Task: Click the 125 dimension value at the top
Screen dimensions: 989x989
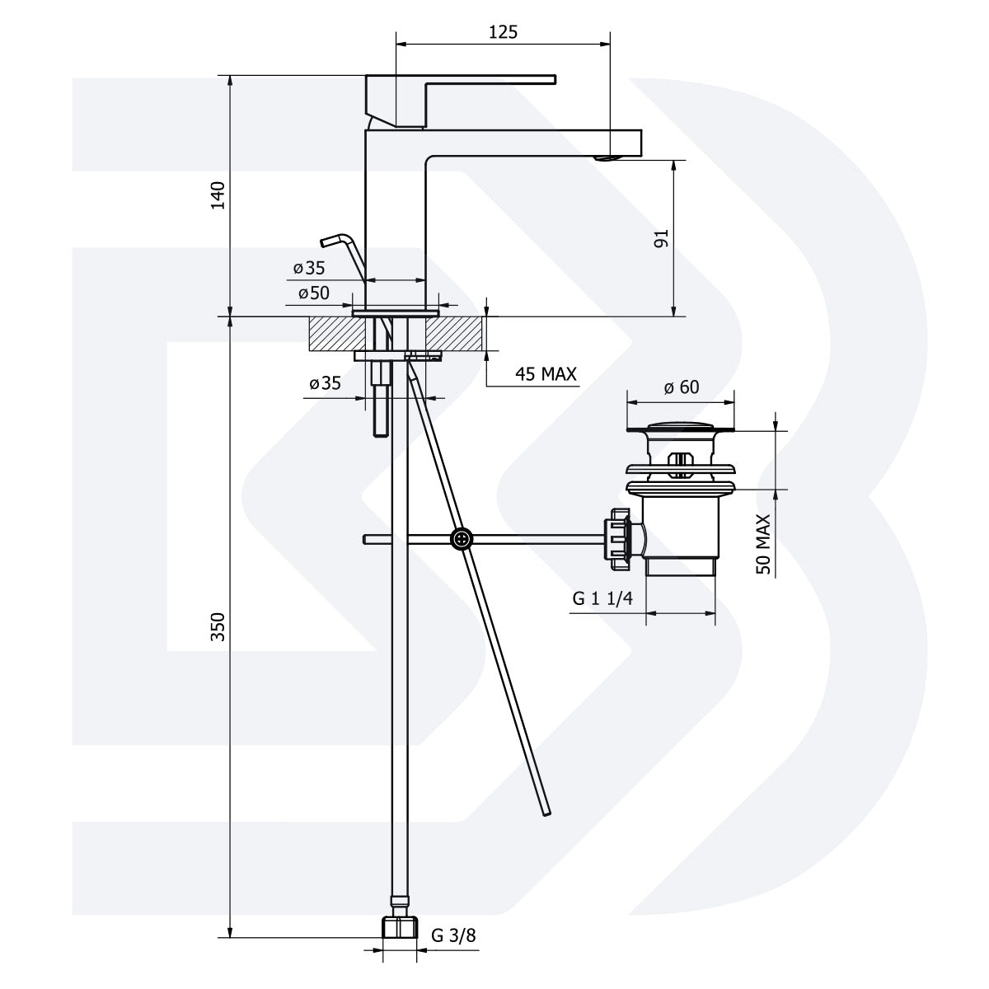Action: pos(503,32)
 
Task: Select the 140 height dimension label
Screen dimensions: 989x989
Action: pos(218,196)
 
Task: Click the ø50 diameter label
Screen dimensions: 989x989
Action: pos(313,293)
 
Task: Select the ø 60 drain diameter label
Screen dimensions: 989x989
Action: pos(681,387)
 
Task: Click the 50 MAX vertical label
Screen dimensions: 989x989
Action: pos(763,544)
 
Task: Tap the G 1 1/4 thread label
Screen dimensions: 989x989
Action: pos(602,598)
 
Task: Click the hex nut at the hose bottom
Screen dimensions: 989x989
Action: pos(400,926)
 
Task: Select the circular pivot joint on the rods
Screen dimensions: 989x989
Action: pos(462,538)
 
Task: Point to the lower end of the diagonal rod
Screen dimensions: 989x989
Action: pos(545,812)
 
